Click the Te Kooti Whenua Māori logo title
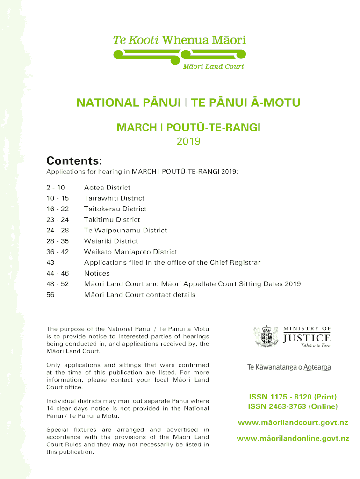180,40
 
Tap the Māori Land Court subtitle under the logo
213,66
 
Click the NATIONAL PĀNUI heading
188,102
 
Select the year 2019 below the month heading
188,141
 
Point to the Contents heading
74,161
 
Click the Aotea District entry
107,188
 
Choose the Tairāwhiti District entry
114,198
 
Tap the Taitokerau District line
115,209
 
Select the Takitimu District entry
112,220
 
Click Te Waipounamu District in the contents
125,231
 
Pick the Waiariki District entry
111,241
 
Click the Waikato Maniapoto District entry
130,252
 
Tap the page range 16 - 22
58,209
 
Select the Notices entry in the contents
97,274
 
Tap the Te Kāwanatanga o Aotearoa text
289,368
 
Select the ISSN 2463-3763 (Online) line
293,406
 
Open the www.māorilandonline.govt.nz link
293,439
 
